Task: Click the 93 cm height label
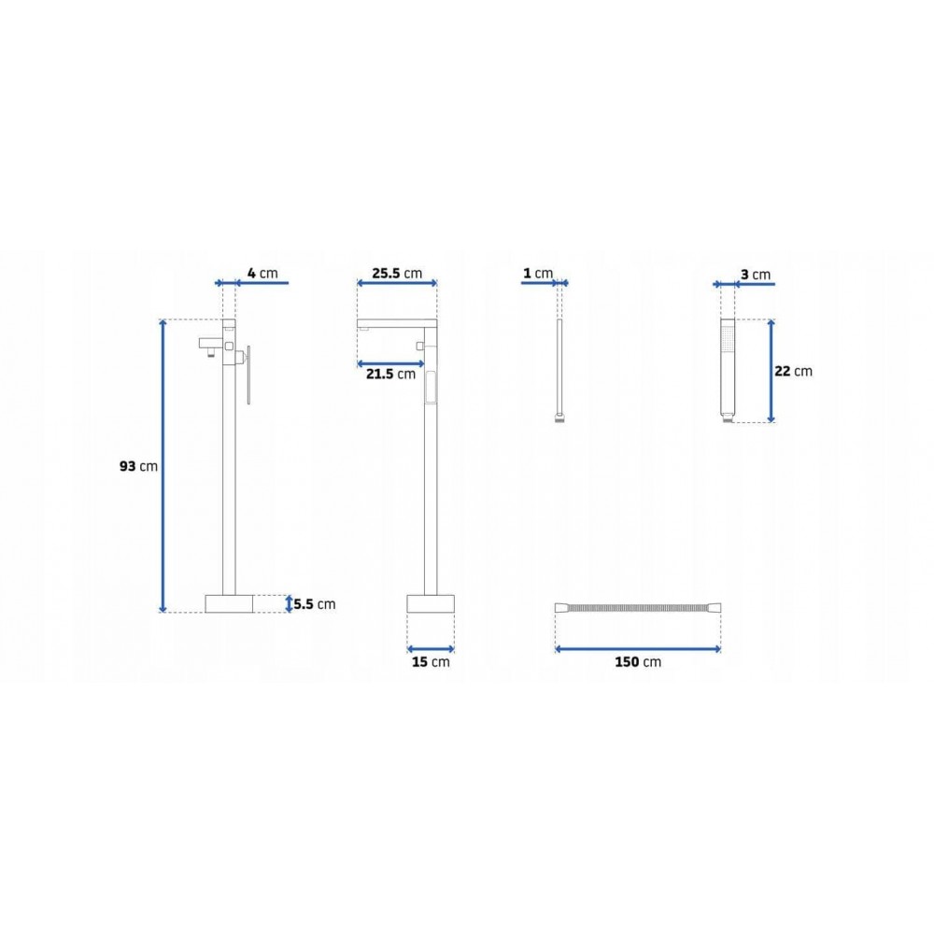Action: [x=139, y=466]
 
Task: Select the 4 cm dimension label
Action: [x=262, y=274]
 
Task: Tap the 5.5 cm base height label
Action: [x=315, y=604]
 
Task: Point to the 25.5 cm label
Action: [x=397, y=274]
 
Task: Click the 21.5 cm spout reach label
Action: [x=390, y=375]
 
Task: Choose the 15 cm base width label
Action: [x=431, y=662]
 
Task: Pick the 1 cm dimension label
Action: [x=538, y=274]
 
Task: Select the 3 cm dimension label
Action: [x=756, y=275]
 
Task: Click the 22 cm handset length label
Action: [x=793, y=371]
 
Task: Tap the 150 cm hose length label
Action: [x=638, y=662]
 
